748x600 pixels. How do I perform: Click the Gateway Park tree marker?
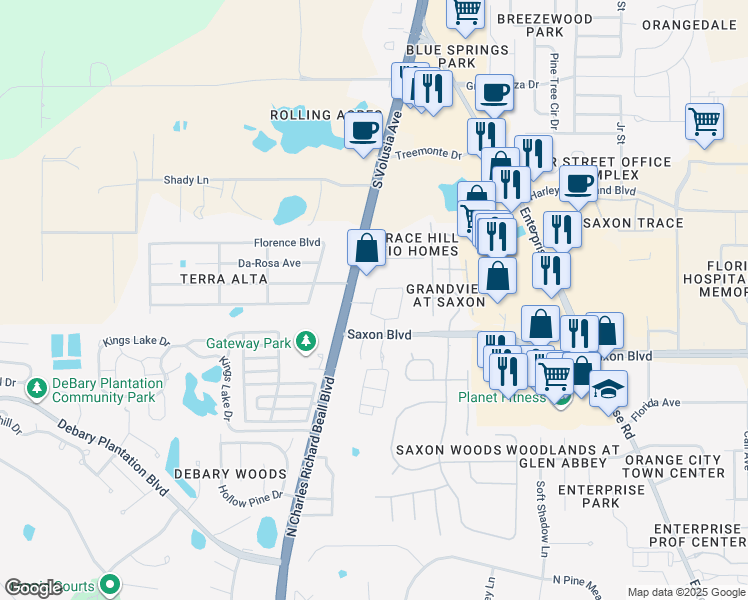305,343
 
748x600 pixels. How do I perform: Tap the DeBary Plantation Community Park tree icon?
37,387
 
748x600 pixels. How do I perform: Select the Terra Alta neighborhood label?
224,279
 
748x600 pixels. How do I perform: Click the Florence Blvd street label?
286,243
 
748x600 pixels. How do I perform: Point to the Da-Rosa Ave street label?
269,263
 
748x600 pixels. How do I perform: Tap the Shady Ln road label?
186,180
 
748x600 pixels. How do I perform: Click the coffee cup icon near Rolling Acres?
363,131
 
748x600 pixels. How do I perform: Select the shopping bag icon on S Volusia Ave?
366,247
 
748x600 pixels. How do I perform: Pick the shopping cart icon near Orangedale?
705,122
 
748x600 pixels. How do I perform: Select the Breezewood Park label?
544,25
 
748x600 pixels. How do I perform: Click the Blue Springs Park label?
440,55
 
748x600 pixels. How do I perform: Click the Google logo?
34,588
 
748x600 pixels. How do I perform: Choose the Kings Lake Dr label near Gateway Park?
136,341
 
